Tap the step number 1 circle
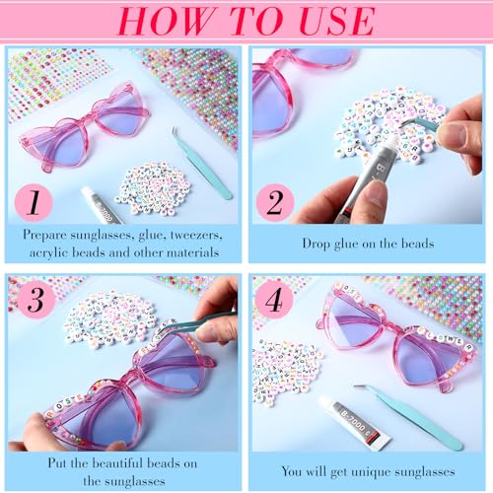[35, 203]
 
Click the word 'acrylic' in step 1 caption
[51, 252]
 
